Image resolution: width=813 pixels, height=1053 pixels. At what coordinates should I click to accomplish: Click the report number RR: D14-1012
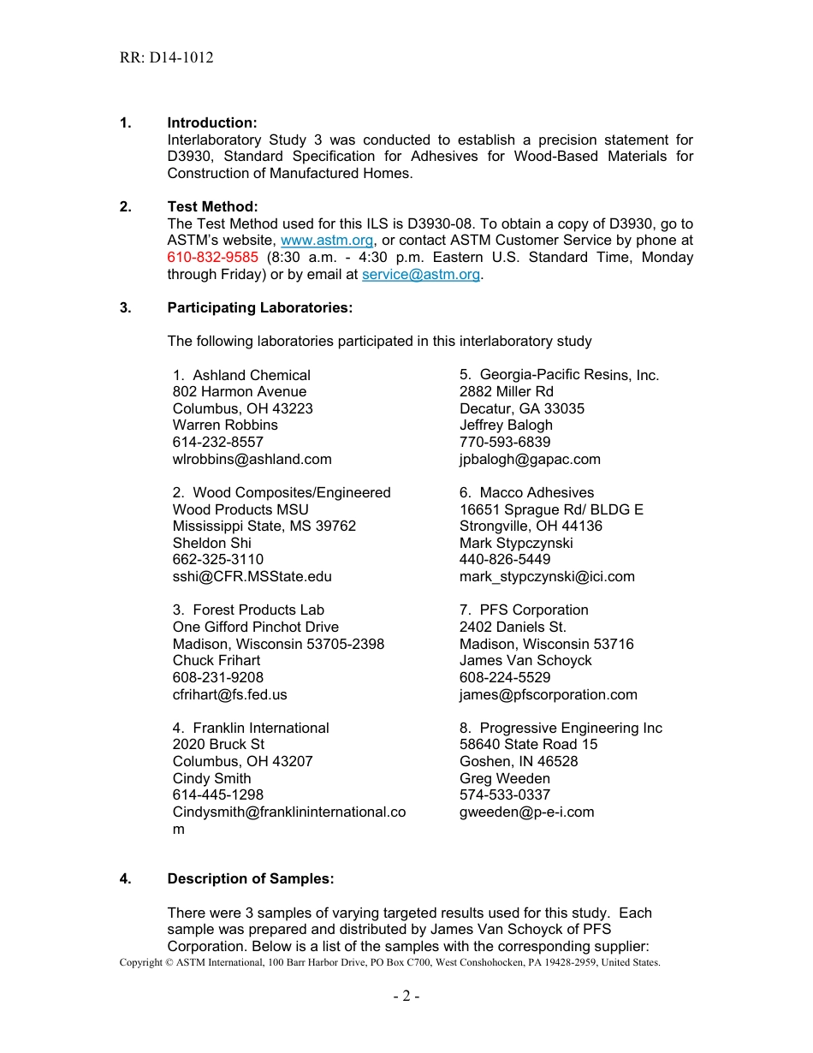(x=166, y=58)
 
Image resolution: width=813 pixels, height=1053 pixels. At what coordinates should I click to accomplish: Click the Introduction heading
(x=211, y=123)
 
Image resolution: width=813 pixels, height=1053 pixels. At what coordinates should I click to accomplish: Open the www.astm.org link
(x=327, y=241)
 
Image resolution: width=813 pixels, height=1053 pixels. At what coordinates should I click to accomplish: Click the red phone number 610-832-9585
(x=212, y=258)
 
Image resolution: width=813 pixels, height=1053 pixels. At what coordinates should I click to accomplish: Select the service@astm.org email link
(x=420, y=275)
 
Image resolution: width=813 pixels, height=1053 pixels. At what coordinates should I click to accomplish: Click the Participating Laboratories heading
(x=259, y=307)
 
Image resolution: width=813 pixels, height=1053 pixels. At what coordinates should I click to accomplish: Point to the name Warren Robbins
(x=225, y=425)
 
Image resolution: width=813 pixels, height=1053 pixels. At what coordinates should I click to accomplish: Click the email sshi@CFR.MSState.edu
(x=252, y=577)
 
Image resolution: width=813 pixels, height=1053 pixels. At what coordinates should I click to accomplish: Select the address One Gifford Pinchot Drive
(x=255, y=627)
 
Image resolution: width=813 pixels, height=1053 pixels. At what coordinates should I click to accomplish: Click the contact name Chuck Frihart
(x=216, y=661)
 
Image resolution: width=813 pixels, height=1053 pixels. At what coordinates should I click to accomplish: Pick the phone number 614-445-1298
(x=217, y=795)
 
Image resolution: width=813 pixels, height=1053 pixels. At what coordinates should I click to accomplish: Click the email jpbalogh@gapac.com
(x=530, y=459)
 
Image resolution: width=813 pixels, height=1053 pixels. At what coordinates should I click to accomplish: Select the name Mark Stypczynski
(x=516, y=543)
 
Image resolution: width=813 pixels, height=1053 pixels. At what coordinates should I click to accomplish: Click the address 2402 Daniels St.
(x=513, y=627)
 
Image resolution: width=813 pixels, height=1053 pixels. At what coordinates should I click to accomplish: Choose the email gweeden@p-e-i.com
(x=526, y=812)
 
